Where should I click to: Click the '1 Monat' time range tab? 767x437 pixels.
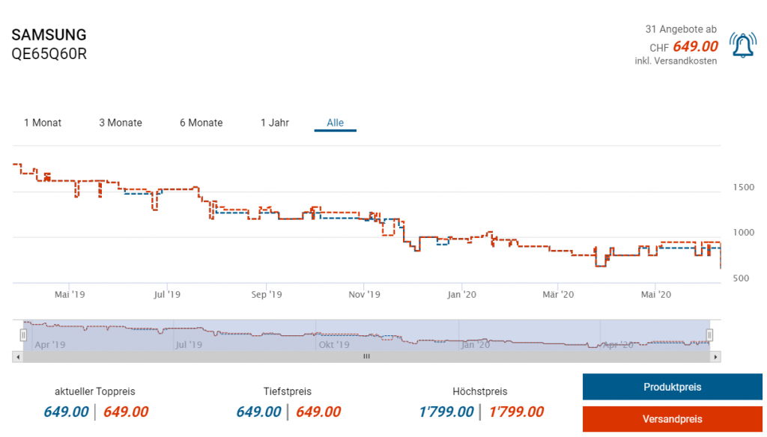(x=43, y=123)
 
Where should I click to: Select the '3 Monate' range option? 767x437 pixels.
(x=121, y=123)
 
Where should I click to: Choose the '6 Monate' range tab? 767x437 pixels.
(x=201, y=123)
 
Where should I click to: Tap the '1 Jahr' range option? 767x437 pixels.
(x=275, y=123)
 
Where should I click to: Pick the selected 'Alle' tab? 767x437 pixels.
(x=335, y=123)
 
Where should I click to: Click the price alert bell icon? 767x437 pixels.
(x=742, y=46)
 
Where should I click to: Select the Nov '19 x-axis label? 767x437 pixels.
(x=365, y=295)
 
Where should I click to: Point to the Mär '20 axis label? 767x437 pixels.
(x=558, y=295)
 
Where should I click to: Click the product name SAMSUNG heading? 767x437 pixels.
(x=49, y=35)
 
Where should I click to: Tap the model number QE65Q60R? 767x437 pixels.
(x=49, y=54)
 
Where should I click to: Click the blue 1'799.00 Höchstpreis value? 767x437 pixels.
(x=446, y=412)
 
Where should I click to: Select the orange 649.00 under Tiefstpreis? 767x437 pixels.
(x=318, y=412)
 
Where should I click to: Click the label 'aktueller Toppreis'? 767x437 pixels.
(x=95, y=391)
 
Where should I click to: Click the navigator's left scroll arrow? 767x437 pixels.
(x=16, y=357)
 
